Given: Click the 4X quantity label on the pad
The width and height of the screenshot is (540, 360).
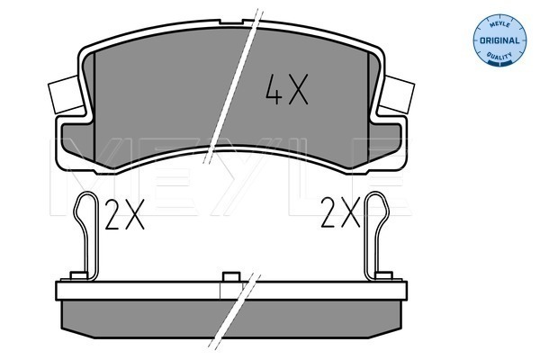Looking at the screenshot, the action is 286,89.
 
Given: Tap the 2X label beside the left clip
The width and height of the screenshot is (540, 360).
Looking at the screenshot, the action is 124,214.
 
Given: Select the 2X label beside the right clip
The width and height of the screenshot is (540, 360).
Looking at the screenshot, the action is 340,212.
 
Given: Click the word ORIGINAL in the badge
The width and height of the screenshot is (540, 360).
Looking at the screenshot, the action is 499,40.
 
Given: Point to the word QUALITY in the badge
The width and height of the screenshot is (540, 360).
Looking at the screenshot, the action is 499,55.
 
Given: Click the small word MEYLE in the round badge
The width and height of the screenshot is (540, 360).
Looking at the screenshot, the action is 499,23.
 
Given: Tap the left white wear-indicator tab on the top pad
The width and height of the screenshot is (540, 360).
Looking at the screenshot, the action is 66,94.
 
